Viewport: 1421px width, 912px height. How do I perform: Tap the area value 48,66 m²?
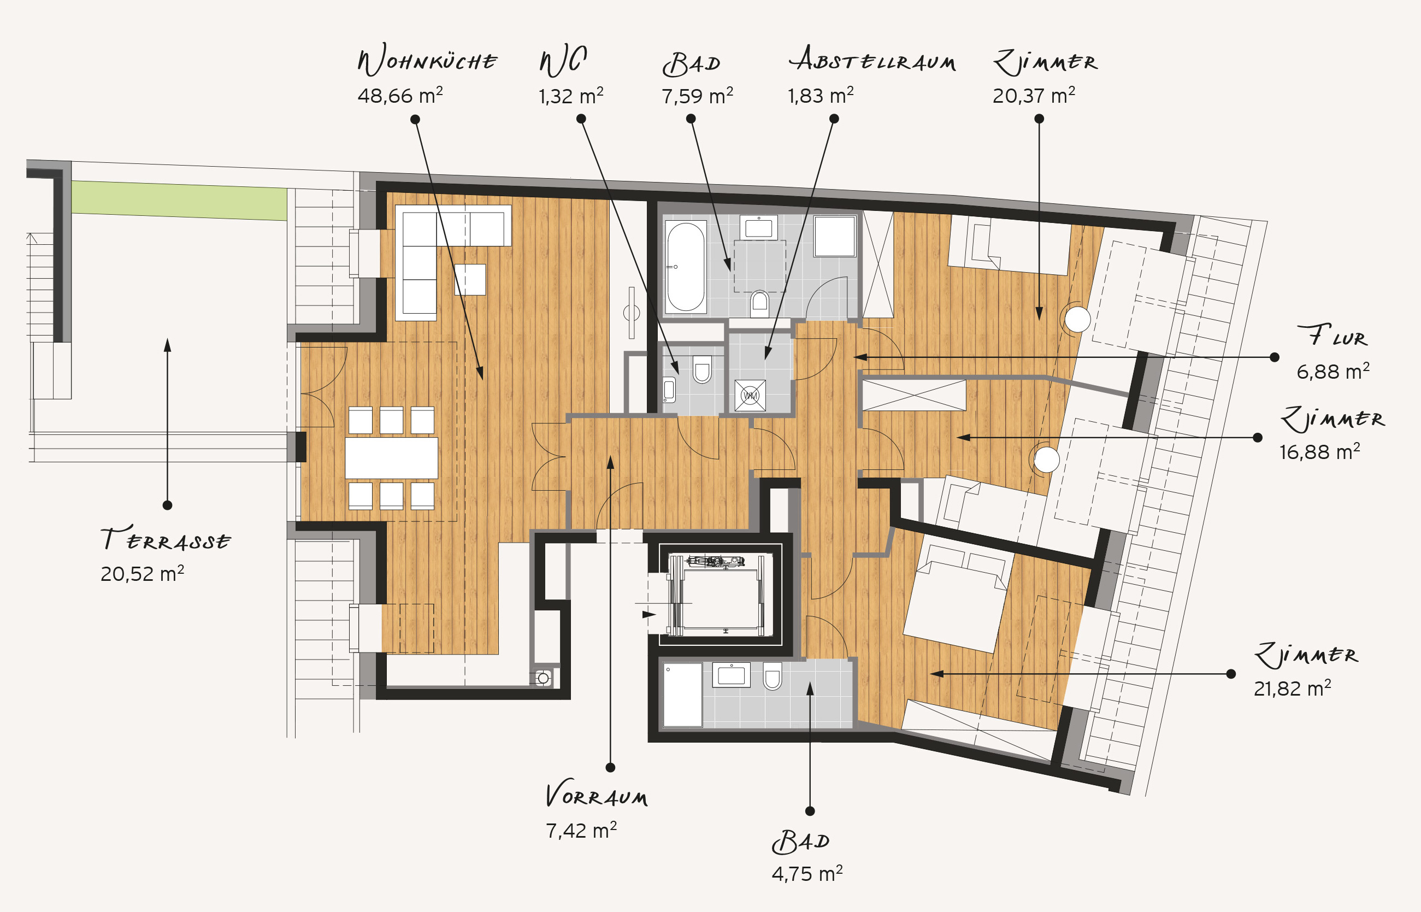coord(400,95)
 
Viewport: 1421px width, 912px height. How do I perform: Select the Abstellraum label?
coord(872,58)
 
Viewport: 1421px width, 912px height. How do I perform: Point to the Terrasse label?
coord(165,538)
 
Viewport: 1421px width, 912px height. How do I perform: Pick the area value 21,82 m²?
coord(1293,688)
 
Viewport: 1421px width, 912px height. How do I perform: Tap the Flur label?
coord(1332,336)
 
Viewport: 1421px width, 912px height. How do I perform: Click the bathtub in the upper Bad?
coord(686,267)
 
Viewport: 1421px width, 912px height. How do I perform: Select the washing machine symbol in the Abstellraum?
coord(750,395)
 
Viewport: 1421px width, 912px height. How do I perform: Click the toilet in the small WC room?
coord(701,369)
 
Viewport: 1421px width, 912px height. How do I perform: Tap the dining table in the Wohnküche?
coord(391,458)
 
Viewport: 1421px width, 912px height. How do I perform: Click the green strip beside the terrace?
coord(179,200)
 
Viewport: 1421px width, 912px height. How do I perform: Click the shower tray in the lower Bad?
coord(682,695)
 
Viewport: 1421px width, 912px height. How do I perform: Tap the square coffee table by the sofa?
coord(470,280)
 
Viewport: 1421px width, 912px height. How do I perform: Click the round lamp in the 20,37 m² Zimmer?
coord(1077,320)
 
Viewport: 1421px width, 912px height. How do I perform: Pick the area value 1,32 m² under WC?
coord(571,95)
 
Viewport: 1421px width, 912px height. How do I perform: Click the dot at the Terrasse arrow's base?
coord(168,505)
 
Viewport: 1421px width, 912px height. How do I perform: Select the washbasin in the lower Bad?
coord(731,675)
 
